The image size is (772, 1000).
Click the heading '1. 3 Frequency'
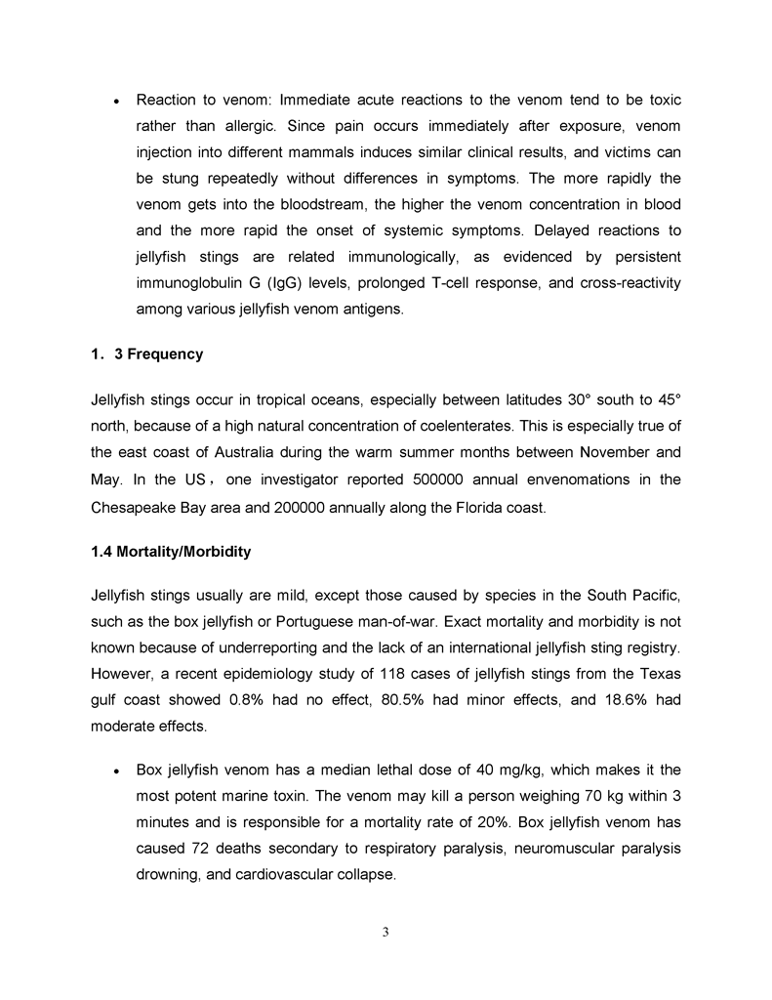click(x=146, y=354)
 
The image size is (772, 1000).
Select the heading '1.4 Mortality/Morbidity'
click(x=171, y=552)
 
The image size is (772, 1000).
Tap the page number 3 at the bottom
click(x=386, y=932)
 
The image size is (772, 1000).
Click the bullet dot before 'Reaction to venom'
click(x=116, y=102)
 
